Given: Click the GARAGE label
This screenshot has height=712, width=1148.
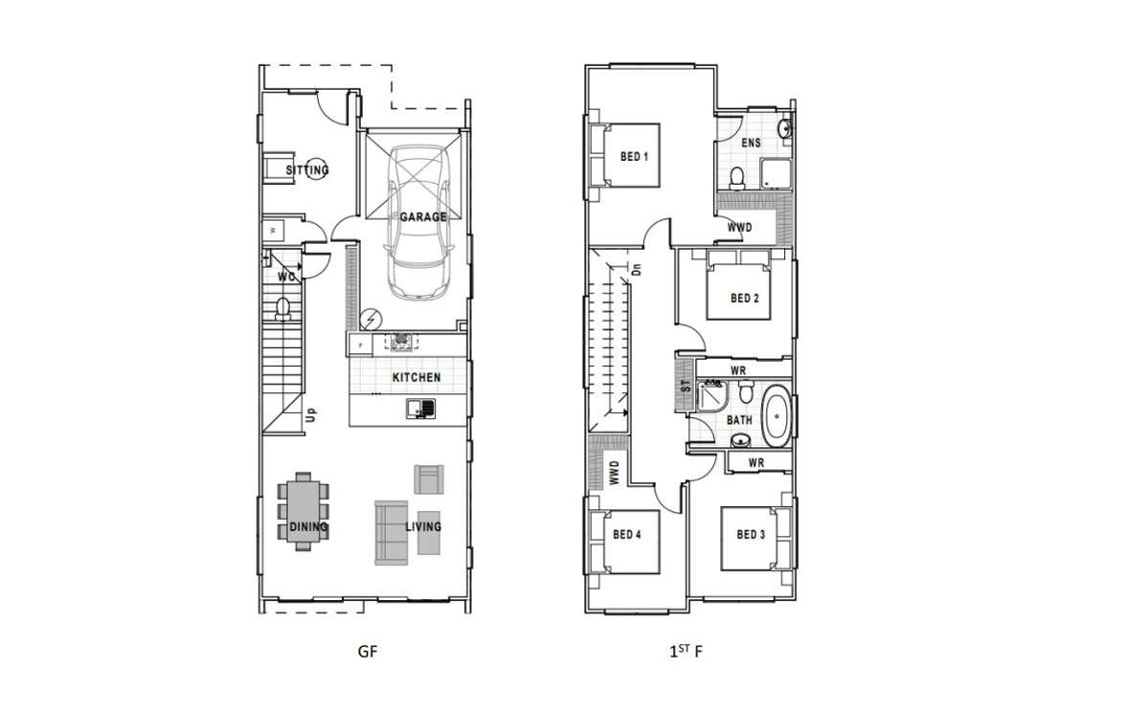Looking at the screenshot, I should [423, 217].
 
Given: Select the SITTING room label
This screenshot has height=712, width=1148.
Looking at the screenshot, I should [306, 170].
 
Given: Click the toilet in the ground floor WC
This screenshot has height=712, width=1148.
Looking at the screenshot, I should [282, 307].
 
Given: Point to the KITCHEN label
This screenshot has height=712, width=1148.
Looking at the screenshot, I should [416, 378].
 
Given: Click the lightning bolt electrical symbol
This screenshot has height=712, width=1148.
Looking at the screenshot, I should [370, 320].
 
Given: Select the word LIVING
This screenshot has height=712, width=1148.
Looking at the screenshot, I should [423, 526].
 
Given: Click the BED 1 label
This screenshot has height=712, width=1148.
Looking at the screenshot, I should [634, 157].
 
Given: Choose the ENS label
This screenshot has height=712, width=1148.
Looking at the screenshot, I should [752, 144].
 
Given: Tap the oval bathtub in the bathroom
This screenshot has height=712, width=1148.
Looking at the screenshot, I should [777, 415].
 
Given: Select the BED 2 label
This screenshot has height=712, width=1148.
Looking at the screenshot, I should [744, 299].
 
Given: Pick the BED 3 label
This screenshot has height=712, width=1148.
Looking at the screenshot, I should [751, 535].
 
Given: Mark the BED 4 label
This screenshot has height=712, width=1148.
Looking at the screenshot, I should [626, 535].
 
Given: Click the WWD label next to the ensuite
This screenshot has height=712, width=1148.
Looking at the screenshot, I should [739, 228].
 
